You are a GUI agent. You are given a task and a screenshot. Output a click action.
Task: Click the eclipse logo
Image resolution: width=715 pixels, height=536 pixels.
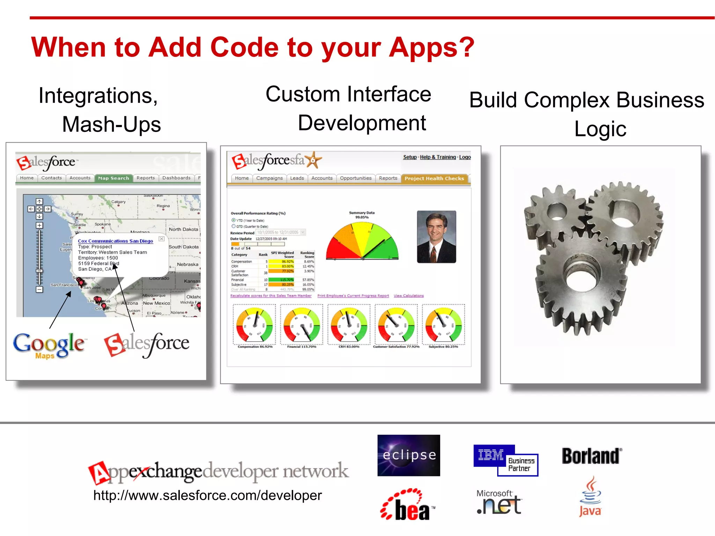coord(408,455)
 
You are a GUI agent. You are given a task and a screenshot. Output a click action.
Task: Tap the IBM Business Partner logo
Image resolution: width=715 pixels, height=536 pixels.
coord(505,460)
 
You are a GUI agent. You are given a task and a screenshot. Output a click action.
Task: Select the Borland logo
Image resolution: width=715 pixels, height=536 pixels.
coord(591,456)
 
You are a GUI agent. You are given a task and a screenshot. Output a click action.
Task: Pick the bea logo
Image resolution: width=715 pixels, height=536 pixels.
coord(407,505)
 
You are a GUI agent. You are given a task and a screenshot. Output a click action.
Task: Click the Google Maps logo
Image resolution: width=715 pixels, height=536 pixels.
coord(49,345)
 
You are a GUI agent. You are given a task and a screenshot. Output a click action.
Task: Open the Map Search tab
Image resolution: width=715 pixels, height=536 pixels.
coord(113,178)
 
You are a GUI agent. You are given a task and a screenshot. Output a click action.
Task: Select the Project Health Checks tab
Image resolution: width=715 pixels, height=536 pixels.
coord(434,178)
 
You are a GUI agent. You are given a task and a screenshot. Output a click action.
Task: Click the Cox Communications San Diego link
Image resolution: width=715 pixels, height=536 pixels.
coord(115,241)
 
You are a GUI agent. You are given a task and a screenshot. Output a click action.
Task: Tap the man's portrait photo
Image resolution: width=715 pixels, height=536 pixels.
coord(436,237)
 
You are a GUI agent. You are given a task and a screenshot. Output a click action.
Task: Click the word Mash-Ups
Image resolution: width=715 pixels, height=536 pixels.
coord(111,125)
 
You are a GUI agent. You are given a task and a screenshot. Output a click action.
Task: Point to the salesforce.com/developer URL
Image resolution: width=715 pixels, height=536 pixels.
coord(207,495)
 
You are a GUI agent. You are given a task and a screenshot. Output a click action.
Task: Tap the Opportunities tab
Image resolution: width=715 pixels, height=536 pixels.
coord(355,178)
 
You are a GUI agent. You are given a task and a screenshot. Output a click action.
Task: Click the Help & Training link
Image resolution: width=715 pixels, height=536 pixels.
coord(437,157)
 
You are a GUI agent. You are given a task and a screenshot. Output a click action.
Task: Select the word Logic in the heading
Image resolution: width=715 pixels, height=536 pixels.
coord(600,129)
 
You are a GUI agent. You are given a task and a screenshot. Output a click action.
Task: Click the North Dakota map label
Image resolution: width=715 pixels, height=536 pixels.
coord(183,229)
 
